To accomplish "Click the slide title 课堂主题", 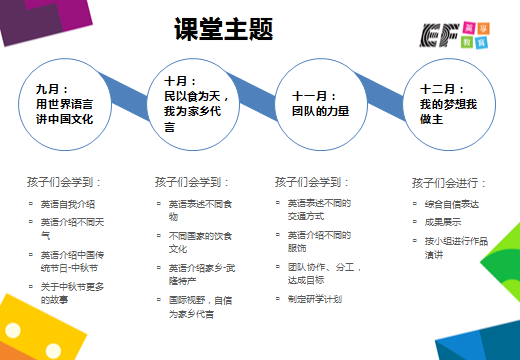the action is click(223, 29).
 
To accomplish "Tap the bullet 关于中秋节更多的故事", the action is click(72, 293).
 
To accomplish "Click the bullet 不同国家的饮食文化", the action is click(198, 241).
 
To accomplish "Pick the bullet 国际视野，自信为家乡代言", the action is click(200, 305).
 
